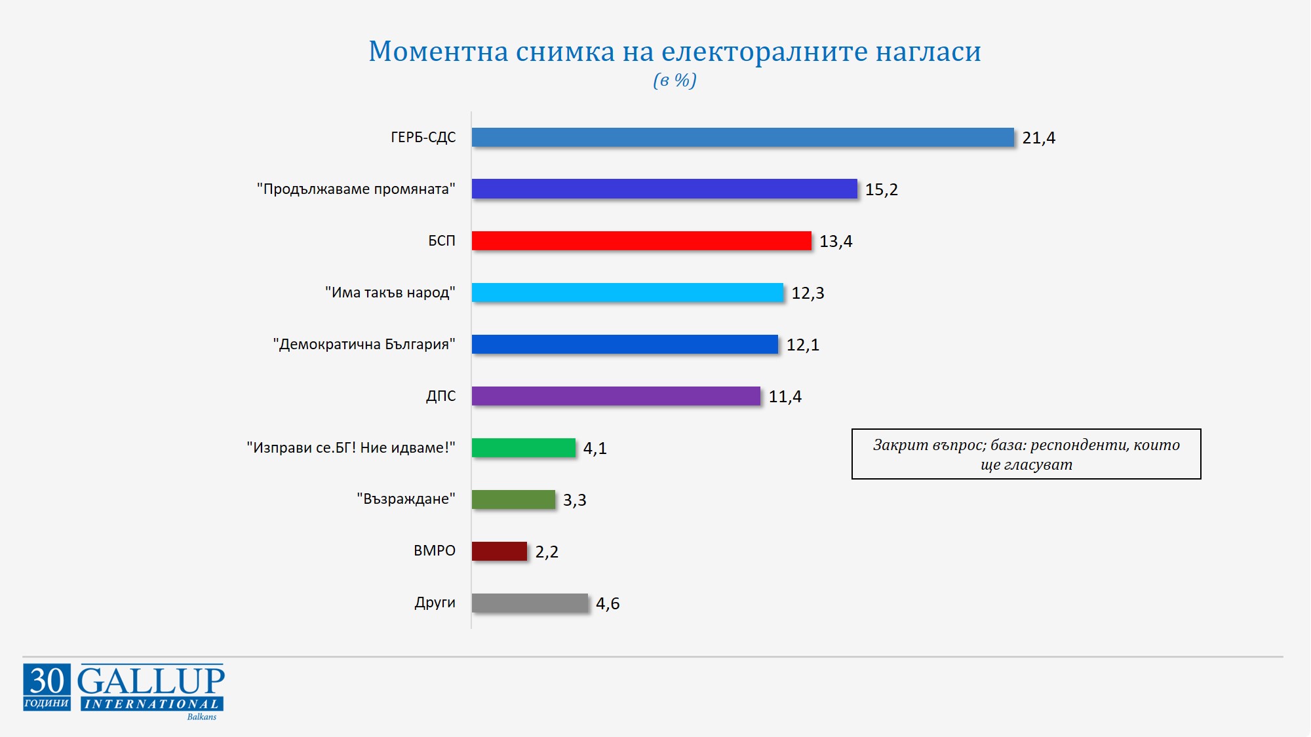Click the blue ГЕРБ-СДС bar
click(x=743, y=138)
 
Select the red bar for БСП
click(x=641, y=241)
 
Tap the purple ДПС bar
click(x=616, y=396)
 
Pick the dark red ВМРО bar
click(x=499, y=552)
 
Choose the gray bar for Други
click(x=530, y=603)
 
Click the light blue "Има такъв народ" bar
click(x=627, y=293)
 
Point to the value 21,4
click(x=1038, y=138)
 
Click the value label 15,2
click(x=881, y=190)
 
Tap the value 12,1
click(x=802, y=345)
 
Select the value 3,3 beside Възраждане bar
click(x=574, y=501)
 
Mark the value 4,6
click(x=608, y=604)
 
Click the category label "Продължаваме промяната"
click(x=356, y=189)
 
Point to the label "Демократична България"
click(x=364, y=345)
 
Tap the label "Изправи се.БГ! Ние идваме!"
click(x=351, y=448)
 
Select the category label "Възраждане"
click(x=406, y=499)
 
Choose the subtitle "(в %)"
click(x=675, y=81)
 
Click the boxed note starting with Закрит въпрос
click(x=1026, y=455)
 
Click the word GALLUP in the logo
click(x=151, y=681)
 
